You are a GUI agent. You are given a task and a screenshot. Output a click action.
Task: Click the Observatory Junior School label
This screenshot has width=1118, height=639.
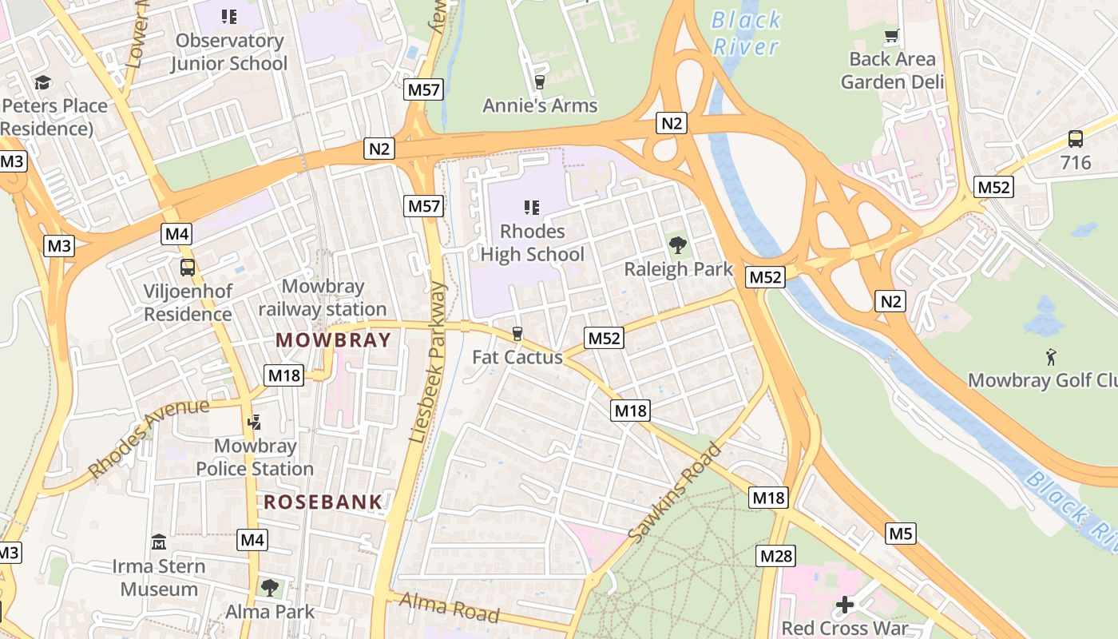coord(229,52)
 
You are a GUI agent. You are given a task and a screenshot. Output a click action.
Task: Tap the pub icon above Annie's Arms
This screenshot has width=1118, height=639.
coord(539,81)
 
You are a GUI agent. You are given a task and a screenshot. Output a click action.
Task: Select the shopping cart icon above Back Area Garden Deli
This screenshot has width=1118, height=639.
coord(892,35)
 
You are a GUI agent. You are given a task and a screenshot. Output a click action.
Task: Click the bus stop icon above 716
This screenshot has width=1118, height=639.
coord(1076,139)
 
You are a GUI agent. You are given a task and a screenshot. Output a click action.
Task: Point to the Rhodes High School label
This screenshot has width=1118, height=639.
coord(532,243)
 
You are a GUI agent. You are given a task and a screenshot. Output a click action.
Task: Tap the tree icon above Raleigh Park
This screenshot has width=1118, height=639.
coord(678,244)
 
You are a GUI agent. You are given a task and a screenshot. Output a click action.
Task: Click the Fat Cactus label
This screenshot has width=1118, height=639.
coord(517,357)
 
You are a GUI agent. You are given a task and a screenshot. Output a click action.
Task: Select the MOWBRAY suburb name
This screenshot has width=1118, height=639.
coord(334,339)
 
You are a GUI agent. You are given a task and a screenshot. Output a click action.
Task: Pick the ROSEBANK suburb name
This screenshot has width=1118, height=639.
coord(323,502)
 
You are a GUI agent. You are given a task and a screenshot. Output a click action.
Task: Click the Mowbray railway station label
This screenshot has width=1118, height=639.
coord(322,297)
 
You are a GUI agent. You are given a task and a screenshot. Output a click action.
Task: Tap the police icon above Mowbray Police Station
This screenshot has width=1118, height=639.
coord(255,422)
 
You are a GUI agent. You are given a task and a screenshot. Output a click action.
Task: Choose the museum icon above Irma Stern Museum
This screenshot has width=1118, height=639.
coord(158,542)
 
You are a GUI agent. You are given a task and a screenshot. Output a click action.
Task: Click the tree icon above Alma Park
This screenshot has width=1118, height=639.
coord(270,588)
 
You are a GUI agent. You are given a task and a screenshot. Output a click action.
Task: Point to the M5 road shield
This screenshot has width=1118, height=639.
coord(901,533)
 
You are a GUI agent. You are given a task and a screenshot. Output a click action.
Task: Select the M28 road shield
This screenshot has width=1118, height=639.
coord(776,556)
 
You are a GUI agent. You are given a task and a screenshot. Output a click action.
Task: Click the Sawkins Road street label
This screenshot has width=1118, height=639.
coord(676,493)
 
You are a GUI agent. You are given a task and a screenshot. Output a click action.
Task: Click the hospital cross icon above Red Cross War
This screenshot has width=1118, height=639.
coord(844,605)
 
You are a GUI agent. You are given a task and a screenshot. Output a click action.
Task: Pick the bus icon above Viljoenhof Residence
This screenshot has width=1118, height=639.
coord(188,268)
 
